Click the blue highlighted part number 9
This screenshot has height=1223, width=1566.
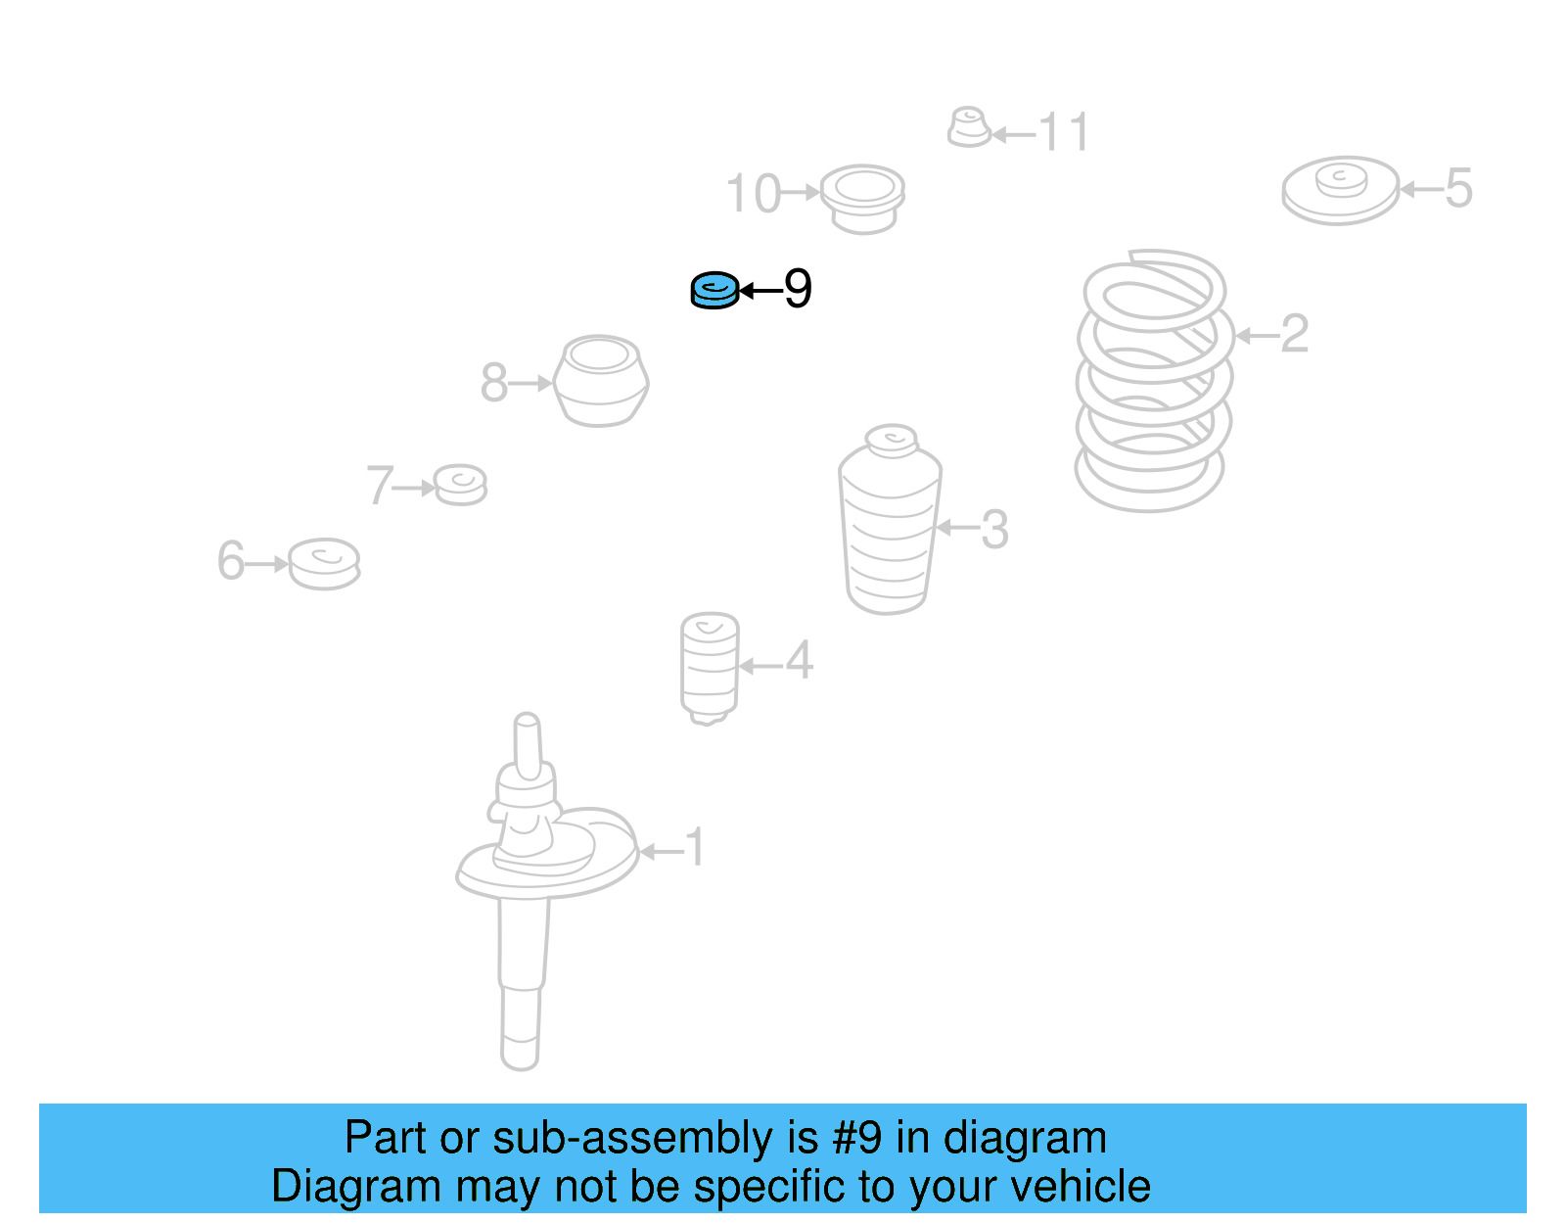[x=714, y=291]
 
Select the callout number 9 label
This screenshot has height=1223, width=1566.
[x=798, y=289]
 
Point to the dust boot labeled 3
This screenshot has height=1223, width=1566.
[x=890, y=520]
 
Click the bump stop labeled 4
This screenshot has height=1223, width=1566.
[x=710, y=668]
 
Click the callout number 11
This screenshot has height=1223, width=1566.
[x=1064, y=132]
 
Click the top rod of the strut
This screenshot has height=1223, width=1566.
[x=528, y=747]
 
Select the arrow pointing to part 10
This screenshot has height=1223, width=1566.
[x=802, y=192]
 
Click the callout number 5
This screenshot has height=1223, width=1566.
[x=1458, y=188]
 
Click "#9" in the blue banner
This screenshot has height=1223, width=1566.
[x=856, y=1137]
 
